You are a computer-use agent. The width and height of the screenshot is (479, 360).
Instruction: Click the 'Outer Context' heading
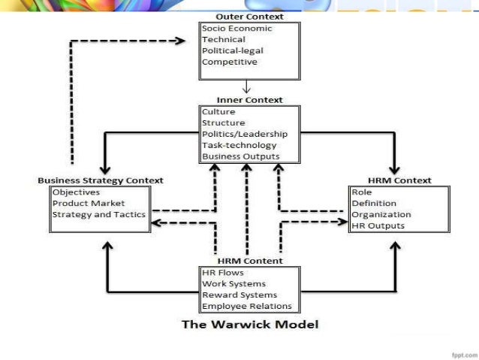tap(249, 17)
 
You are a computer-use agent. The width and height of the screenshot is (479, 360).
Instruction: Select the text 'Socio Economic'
tap(236, 29)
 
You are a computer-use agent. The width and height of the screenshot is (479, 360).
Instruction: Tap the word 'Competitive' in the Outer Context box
tap(229, 62)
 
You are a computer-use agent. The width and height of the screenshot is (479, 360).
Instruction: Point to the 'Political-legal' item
tap(232, 51)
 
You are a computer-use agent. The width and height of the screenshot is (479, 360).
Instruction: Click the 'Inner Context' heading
tap(249, 100)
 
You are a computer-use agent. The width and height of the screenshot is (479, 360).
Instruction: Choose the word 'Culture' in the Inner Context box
tap(218, 112)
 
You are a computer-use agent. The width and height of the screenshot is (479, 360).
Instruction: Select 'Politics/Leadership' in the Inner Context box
tap(244, 135)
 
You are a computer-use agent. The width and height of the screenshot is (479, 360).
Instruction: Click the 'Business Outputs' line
tap(240, 157)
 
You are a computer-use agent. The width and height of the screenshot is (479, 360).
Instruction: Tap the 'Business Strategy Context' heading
tap(101, 180)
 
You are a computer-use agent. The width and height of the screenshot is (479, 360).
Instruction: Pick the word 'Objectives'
tap(77, 192)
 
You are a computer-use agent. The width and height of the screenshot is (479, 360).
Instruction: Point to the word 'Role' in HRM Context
tap(362, 192)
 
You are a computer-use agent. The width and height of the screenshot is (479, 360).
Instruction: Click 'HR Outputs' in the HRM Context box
tap(378, 225)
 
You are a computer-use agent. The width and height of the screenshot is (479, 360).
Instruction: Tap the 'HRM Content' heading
tap(249, 261)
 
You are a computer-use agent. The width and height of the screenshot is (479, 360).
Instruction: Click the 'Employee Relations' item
tap(246, 306)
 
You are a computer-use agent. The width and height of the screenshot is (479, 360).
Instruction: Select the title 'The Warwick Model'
tap(250, 325)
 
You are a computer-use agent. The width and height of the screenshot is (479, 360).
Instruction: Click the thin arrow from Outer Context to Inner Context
tap(246, 86)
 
